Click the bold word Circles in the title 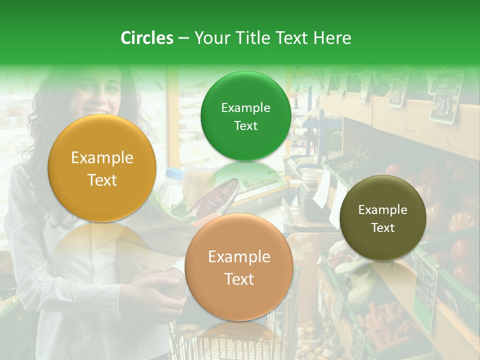[147, 38]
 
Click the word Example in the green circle [245, 107]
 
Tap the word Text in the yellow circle [102, 180]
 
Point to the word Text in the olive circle [383, 227]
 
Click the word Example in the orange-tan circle [239, 257]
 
